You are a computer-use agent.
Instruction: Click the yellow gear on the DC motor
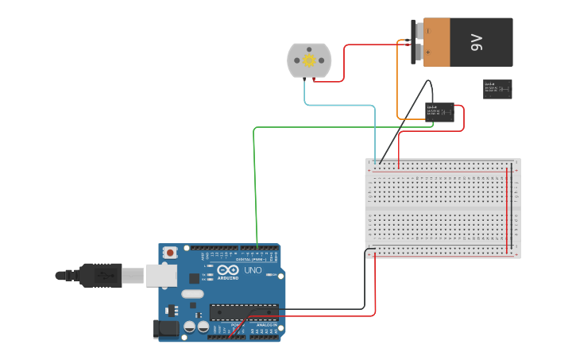coord(309,60)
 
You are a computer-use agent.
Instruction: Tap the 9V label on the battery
coord(477,42)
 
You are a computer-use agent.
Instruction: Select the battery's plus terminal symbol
coord(427,52)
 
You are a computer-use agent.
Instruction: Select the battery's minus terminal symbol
coord(427,31)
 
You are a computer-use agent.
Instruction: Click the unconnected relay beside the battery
coord(497,89)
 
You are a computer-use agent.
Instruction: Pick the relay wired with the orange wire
coord(440,112)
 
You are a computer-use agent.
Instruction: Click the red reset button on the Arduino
coord(170,253)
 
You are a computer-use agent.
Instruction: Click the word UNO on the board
coord(253,271)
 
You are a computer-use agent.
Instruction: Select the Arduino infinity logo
coord(228,270)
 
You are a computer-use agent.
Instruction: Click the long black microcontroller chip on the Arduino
coord(244,312)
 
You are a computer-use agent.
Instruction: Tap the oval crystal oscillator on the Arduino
coord(192,294)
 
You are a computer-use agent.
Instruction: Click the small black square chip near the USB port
coord(194,278)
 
